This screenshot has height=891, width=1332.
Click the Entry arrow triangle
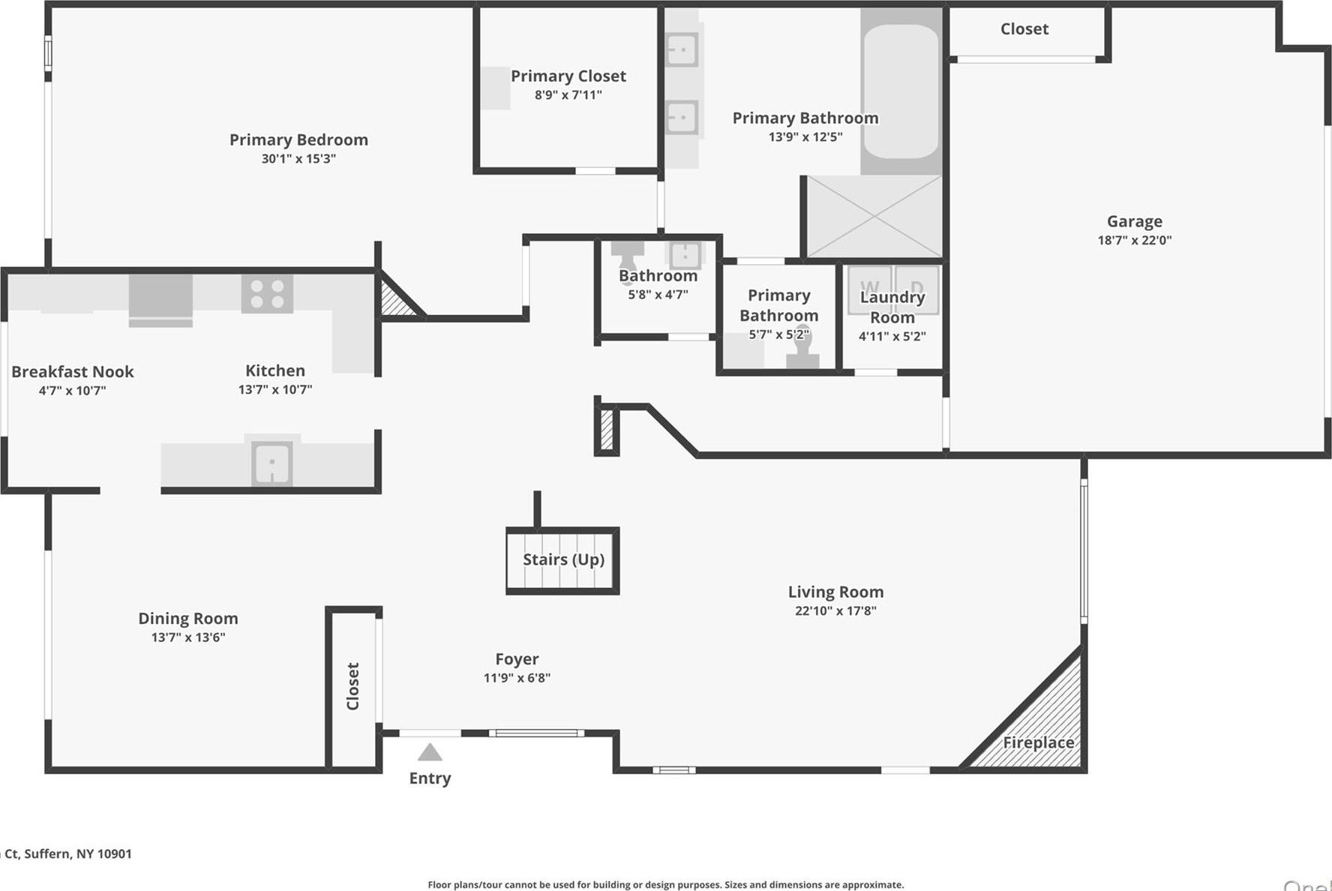(430, 752)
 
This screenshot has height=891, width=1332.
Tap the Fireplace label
(1038, 742)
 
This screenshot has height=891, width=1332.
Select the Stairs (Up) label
(563, 559)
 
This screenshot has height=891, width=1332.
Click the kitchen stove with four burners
(267, 294)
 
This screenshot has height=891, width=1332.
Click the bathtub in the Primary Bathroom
(901, 91)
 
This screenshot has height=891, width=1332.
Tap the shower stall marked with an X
(874, 217)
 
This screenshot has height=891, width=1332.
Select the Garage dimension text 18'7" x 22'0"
(1134, 241)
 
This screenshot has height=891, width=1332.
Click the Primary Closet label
(568, 76)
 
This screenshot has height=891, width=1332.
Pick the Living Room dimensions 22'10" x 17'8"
(835, 611)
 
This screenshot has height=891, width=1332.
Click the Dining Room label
(187, 619)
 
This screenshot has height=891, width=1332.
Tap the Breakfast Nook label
(72, 372)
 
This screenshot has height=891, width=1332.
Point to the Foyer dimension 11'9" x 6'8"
(517, 678)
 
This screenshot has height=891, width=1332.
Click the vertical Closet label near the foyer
(352, 686)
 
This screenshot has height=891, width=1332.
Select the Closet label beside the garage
(1024, 29)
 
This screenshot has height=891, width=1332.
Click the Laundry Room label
(892, 307)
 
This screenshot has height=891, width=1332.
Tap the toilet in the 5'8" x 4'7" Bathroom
(627, 255)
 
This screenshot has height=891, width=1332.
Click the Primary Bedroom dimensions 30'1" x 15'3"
(298, 159)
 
